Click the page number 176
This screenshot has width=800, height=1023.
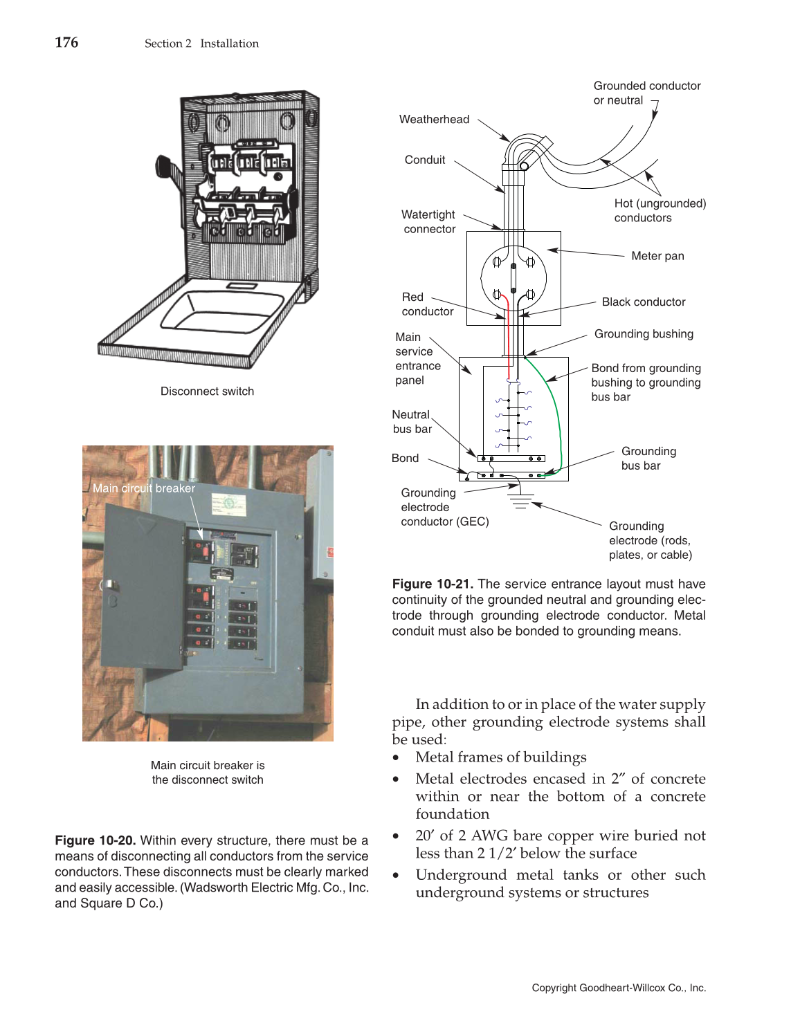(x=66, y=43)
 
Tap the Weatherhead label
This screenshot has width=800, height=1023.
(x=434, y=119)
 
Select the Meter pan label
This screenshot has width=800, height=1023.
(x=657, y=256)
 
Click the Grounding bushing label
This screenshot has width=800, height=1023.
(x=643, y=334)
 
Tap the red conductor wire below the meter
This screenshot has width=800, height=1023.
(x=509, y=339)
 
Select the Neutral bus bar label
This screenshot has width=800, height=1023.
(x=411, y=422)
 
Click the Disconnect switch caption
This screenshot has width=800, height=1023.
(x=207, y=391)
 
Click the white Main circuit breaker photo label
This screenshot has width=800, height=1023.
(x=144, y=488)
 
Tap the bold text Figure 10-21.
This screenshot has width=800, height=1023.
(x=433, y=584)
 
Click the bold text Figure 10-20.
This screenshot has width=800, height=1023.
(x=96, y=840)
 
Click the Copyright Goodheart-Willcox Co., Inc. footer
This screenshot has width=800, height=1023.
(x=619, y=988)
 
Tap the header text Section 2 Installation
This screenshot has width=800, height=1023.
(x=201, y=44)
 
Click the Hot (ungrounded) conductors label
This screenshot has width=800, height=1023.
(x=660, y=210)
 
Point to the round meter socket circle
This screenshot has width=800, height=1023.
(x=513, y=280)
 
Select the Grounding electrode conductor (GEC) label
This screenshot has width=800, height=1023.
(x=444, y=507)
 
